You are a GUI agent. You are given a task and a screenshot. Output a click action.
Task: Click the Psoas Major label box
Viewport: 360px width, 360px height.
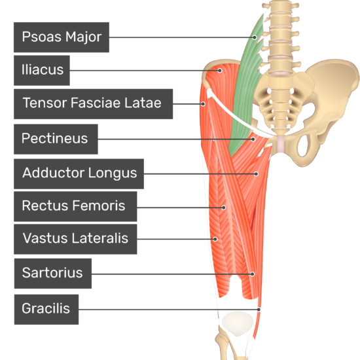(x=62, y=37)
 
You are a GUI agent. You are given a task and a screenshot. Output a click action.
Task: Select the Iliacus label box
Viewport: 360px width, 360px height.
(x=42, y=71)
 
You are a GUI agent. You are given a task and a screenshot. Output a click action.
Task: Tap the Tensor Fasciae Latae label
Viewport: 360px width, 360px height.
(x=93, y=104)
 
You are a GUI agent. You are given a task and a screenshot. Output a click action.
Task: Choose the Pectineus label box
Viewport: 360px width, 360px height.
(x=56, y=139)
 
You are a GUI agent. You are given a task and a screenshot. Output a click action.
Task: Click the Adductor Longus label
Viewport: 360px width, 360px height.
(x=79, y=174)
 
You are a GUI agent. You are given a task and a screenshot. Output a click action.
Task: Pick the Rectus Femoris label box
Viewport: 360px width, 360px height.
(x=75, y=206)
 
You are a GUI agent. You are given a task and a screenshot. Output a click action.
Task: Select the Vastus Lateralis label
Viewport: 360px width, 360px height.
(x=75, y=239)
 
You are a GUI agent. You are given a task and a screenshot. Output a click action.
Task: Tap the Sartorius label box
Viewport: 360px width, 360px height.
(x=53, y=274)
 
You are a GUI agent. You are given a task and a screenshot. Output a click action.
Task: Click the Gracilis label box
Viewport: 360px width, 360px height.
(x=46, y=310)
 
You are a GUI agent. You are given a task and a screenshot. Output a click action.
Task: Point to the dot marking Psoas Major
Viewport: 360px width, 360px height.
(x=255, y=37)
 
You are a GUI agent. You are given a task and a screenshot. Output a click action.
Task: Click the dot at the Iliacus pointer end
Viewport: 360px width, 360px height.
(x=220, y=71)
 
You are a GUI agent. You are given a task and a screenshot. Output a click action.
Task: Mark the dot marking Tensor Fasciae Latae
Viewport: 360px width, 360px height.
(x=203, y=104)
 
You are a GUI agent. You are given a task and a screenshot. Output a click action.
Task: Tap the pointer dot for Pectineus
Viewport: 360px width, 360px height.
(x=253, y=139)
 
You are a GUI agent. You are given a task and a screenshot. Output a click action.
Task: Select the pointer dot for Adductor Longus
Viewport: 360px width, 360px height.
(x=256, y=174)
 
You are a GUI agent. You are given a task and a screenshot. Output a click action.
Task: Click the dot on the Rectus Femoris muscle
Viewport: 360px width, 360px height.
(x=223, y=207)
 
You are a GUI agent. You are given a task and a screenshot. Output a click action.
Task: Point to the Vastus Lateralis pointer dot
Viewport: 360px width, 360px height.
(x=215, y=239)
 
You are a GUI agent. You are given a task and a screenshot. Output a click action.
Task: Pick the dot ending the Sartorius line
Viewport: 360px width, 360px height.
(x=252, y=274)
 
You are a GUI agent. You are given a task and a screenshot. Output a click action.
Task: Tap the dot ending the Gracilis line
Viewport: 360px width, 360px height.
(x=259, y=310)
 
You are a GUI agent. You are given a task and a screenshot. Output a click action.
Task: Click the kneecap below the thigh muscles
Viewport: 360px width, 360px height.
(x=238, y=324)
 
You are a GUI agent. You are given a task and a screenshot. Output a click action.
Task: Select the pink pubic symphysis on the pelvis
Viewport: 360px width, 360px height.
(x=281, y=144)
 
